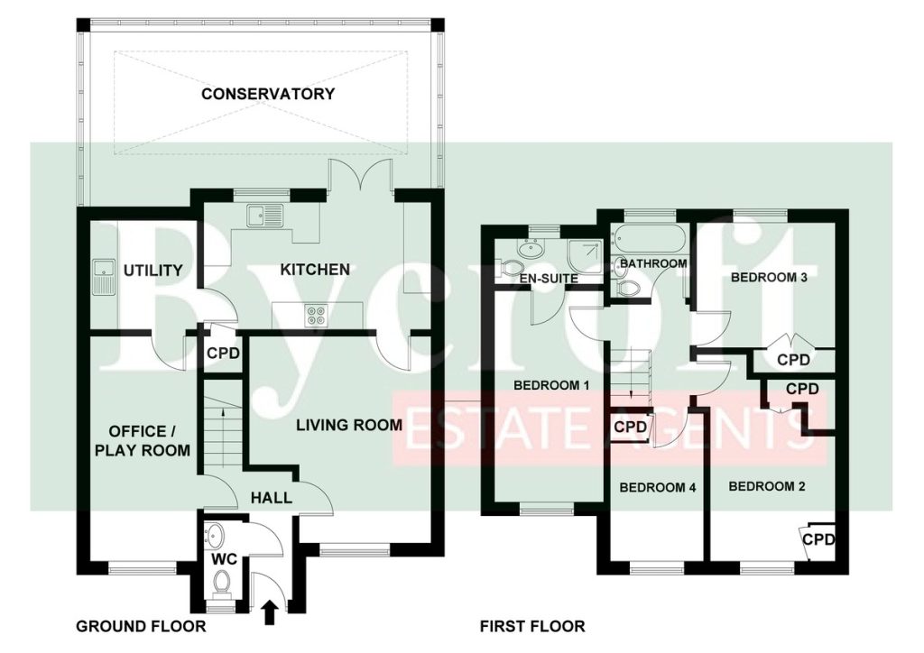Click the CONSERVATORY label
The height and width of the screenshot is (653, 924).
pyautogui.click(x=267, y=94)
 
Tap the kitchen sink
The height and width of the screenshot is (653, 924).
pyautogui.click(x=265, y=216)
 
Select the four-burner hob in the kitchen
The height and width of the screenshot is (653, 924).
pyautogui.click(x=317, y=316)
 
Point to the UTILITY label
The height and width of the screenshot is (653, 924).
pyautogui.click(x=153, y=271)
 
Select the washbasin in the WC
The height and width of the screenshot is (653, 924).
pyautogui.click(x=213, y=537)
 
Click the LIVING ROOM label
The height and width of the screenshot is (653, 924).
pyautogui.click(x=349, y=425)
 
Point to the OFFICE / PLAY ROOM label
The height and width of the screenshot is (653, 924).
pyautogui.click(x=143, y=441)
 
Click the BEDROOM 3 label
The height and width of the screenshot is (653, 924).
pyautogui.click(x=769, y=277)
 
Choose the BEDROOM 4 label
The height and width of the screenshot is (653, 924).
pyautogui.click(x=658, y=488)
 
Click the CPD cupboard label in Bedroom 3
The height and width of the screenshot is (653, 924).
pyautogui.click(x=793, y=359)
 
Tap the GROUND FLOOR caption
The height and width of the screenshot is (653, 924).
pyautogui.click(x=141, y=626)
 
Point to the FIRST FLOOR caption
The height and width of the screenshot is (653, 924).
pyautogui.click(x=532, y=626)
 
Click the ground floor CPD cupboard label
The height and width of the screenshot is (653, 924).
pyautogui.click(x=224, y=354)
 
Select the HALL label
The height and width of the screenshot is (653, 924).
pyautogui.click(x=271, y=498)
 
